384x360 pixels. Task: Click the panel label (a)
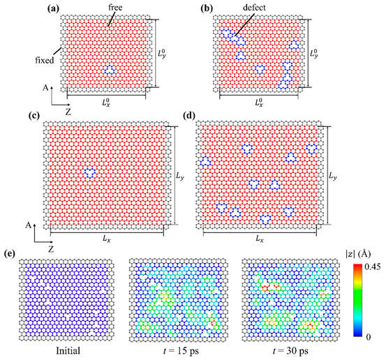(54, 8)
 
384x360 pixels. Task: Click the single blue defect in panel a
(109, 70)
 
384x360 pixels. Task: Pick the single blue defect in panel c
(89, 172)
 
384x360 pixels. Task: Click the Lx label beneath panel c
(106, 238)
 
